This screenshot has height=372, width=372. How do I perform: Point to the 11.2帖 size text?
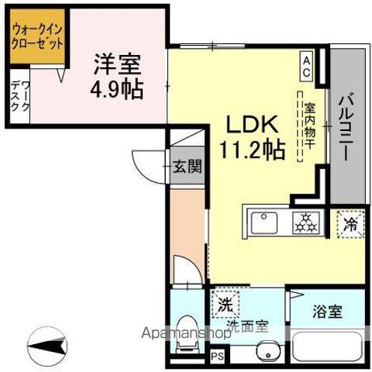pyautogui.click(x=250, y=150)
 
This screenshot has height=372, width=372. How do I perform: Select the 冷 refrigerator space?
pyautogui.click(x=350, y=224)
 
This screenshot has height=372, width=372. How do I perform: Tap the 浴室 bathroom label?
pyautogui.click(x=327, y=314)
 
